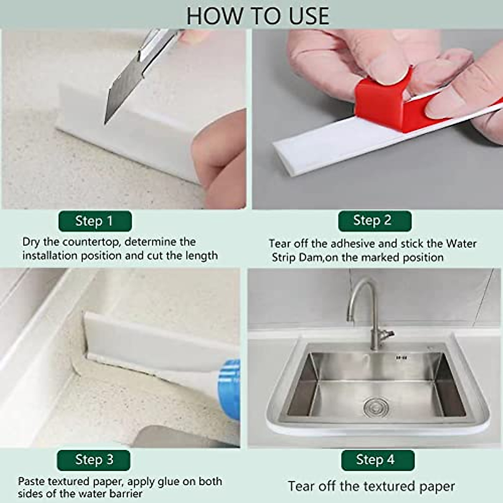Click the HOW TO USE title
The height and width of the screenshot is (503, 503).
(x=257, y=16)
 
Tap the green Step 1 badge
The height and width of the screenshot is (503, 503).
(x=95, y=221)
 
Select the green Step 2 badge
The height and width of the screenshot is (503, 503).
(x=374, y=220)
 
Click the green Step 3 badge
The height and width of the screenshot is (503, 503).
(x=94, y=460)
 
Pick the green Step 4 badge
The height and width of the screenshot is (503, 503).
(x=377, y=460)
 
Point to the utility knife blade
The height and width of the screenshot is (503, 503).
(x=122, y=92)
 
